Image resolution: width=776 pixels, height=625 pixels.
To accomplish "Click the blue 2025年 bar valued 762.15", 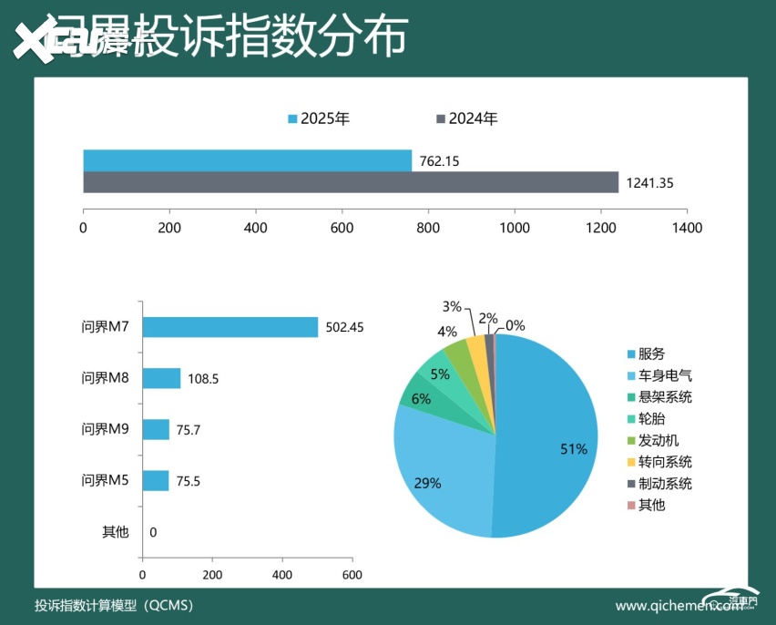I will (x=247, y=160).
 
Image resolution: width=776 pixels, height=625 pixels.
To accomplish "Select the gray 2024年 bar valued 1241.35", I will (x=351, y=182).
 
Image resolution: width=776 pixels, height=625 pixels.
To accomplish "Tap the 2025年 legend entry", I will (x=319, y=118).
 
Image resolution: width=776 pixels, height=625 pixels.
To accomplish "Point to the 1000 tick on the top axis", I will (x=515, y=228).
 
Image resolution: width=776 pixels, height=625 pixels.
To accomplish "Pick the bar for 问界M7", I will (x=230, y=327).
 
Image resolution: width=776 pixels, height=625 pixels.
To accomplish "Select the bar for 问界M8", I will (x=161, y=378).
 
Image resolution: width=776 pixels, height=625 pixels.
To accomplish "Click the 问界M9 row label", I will (x=106, y=429).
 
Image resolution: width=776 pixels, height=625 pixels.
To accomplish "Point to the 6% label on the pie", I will (x=421, y=398).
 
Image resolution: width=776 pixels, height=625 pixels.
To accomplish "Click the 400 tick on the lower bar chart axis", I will (x=281, y=575).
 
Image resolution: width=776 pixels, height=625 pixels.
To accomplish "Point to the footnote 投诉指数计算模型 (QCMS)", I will (x=113, y=605).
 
